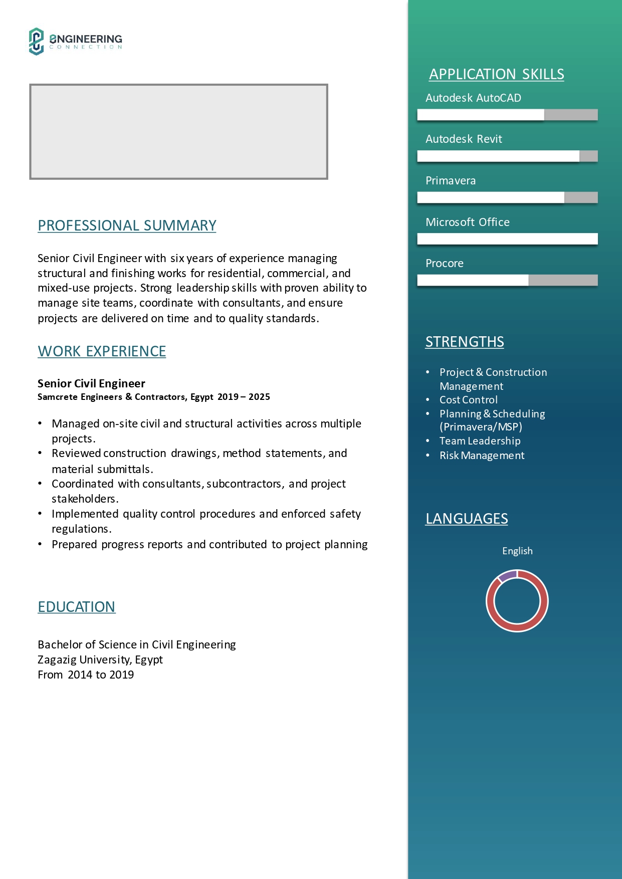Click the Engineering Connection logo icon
(36, 41)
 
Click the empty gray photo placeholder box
(178, 131)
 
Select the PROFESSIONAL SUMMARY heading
(127, 226)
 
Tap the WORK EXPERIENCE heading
(102, 351)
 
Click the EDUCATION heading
(77, 607)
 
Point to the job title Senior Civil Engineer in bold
(91, 383)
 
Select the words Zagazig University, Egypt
(100, 660)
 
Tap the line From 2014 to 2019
(86, 675)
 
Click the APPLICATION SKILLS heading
(496, 74)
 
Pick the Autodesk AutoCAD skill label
(473, 98)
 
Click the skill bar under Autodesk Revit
(507, 156)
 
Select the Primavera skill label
(451, 180)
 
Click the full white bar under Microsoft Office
(507, 239)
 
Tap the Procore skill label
(445, 263)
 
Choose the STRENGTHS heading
(465, 342)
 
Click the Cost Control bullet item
(469, 400)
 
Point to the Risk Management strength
(482, 456)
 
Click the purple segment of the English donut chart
(507, 575)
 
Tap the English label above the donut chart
(517, 551)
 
